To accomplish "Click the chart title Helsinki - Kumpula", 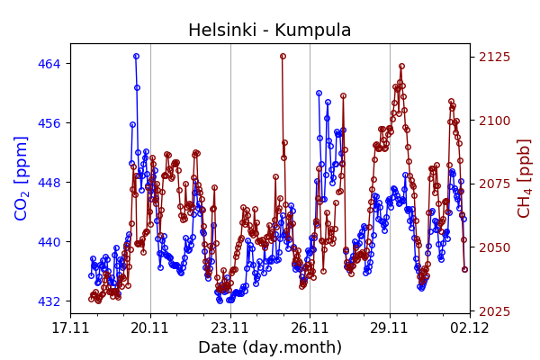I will tap(269, 31).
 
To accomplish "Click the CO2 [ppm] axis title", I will tap(22, 177).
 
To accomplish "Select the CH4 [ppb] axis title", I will tap(524, 177).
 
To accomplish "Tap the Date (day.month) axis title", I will tap(269, 347).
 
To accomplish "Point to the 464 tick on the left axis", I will tap(49, 64).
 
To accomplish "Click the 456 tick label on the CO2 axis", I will tap(49, 123).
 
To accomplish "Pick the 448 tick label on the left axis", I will tap(49, 183).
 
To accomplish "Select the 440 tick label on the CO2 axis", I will tap(49, 242).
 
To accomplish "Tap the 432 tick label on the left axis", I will tap(49, 301).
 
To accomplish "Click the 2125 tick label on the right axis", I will tap(493, 57).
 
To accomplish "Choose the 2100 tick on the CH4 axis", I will tap(493, 121).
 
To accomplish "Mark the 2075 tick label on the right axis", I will tap(493, 184).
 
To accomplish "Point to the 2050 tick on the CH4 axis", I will tap(493, 247).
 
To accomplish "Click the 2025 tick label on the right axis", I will tap(493, 311).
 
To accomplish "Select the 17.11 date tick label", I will tap(70, 328).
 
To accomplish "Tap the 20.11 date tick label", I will tap(150, 328).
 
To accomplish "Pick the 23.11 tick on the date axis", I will tap(230, 328).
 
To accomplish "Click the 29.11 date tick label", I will tap(390, 328).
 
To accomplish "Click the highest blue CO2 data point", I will tap(136, 56).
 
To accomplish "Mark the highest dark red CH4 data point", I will tap(283, 56).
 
